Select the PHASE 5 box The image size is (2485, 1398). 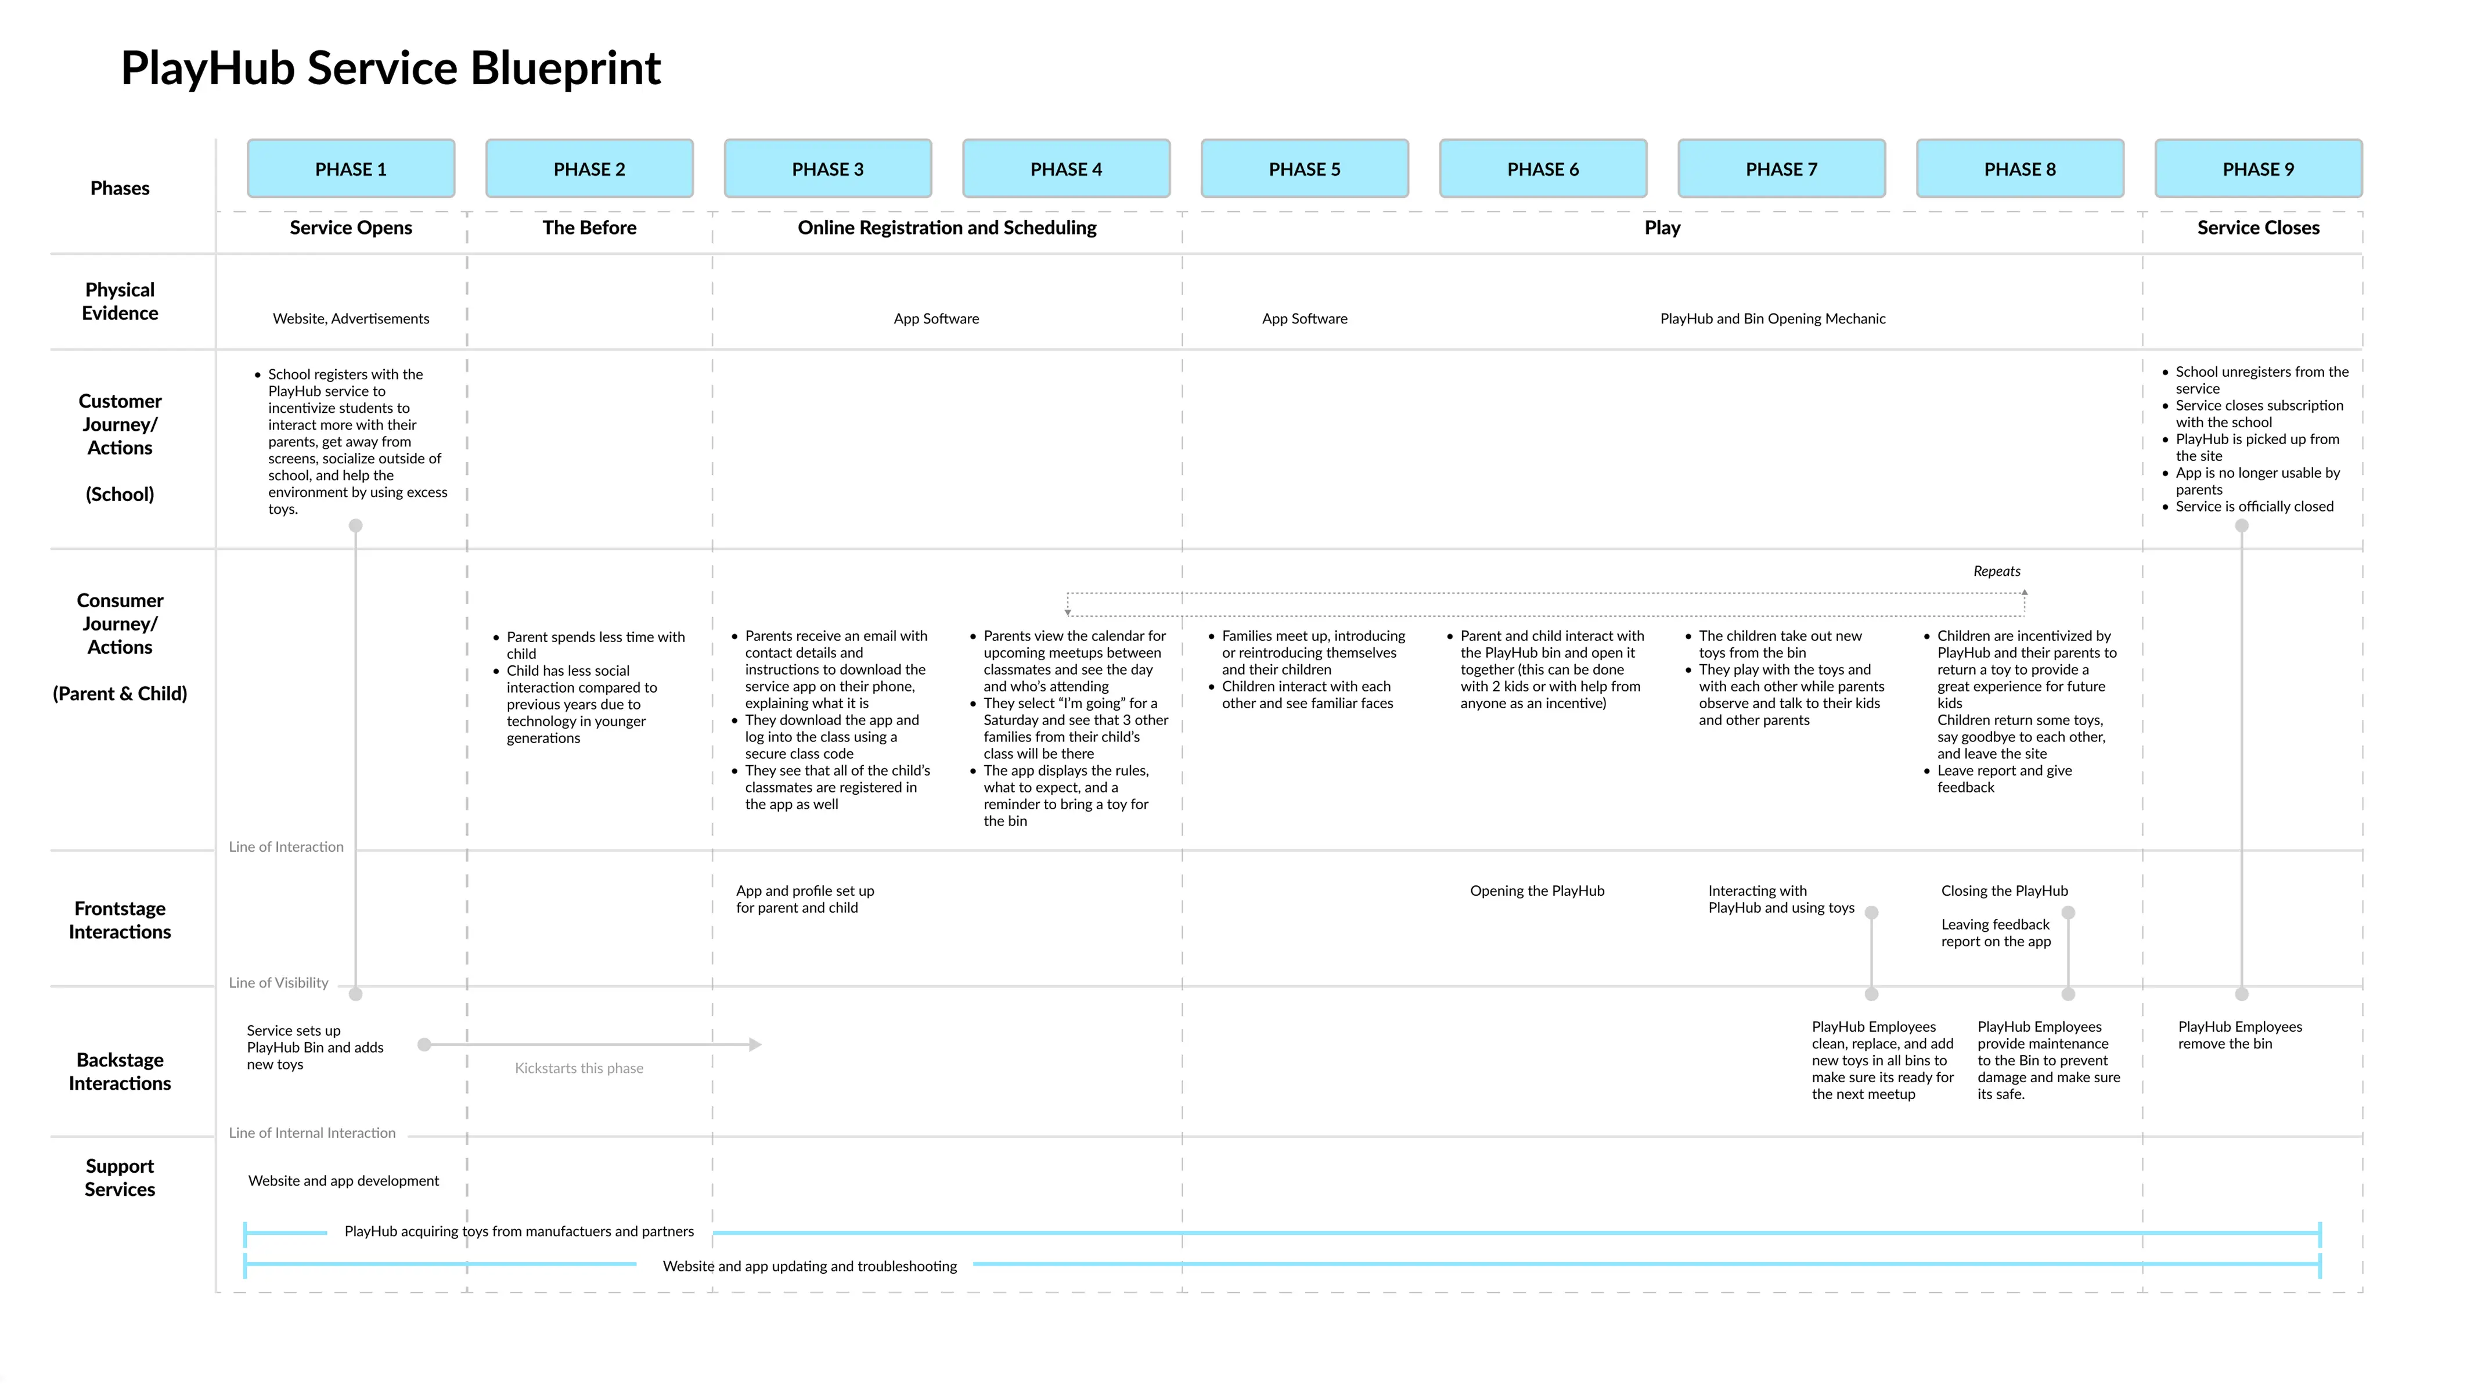pos(1304,169)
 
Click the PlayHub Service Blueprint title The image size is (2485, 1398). pos(391,69)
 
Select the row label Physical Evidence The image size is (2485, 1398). pos(120,301)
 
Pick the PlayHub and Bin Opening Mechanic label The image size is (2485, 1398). pos(1772,318)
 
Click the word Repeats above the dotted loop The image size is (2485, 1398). pos(1996,571)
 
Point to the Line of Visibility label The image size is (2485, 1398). pos(278,982)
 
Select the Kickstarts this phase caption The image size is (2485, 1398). pos(579,1068)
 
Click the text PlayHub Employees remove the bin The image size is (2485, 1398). pos(2239,1035)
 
